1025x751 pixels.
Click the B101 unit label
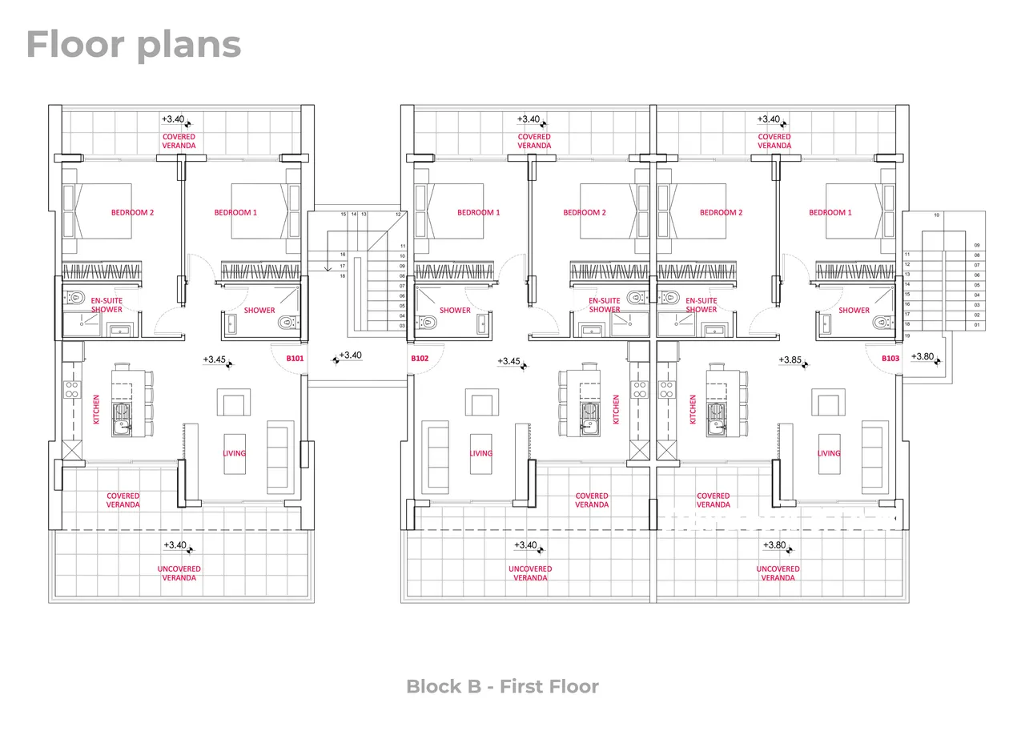[295, 359]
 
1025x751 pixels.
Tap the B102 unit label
[420, 359]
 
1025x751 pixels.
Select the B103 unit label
[890, 359]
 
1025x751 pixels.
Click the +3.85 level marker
[790, 360]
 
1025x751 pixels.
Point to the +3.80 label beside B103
[922, 356]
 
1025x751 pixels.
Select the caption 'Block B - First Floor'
[502, 686]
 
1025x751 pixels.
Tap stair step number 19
[907, 335]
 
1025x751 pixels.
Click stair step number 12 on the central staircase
[398, 214]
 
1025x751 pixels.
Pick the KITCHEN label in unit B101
[96, 409]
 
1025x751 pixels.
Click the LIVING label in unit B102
[481, 453]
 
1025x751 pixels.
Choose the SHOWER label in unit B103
[854, 310]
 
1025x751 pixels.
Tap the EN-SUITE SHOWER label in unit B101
[107, 305]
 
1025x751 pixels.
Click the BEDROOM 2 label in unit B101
[132, 213]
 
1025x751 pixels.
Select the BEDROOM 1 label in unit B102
[479, 213]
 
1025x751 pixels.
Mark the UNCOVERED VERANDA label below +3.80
[778, 573]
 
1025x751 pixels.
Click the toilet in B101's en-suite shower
[76, 298]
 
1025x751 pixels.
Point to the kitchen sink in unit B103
[716, 419]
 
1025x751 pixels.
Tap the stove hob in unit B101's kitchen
[72, 390]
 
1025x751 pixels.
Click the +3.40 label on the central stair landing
[351, 355]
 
